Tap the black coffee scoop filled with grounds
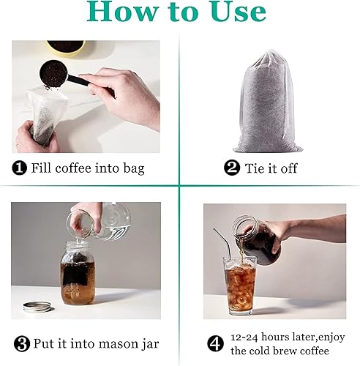click(54, 73)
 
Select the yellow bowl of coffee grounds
click(66, 47)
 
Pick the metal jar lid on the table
click(37, 306)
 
